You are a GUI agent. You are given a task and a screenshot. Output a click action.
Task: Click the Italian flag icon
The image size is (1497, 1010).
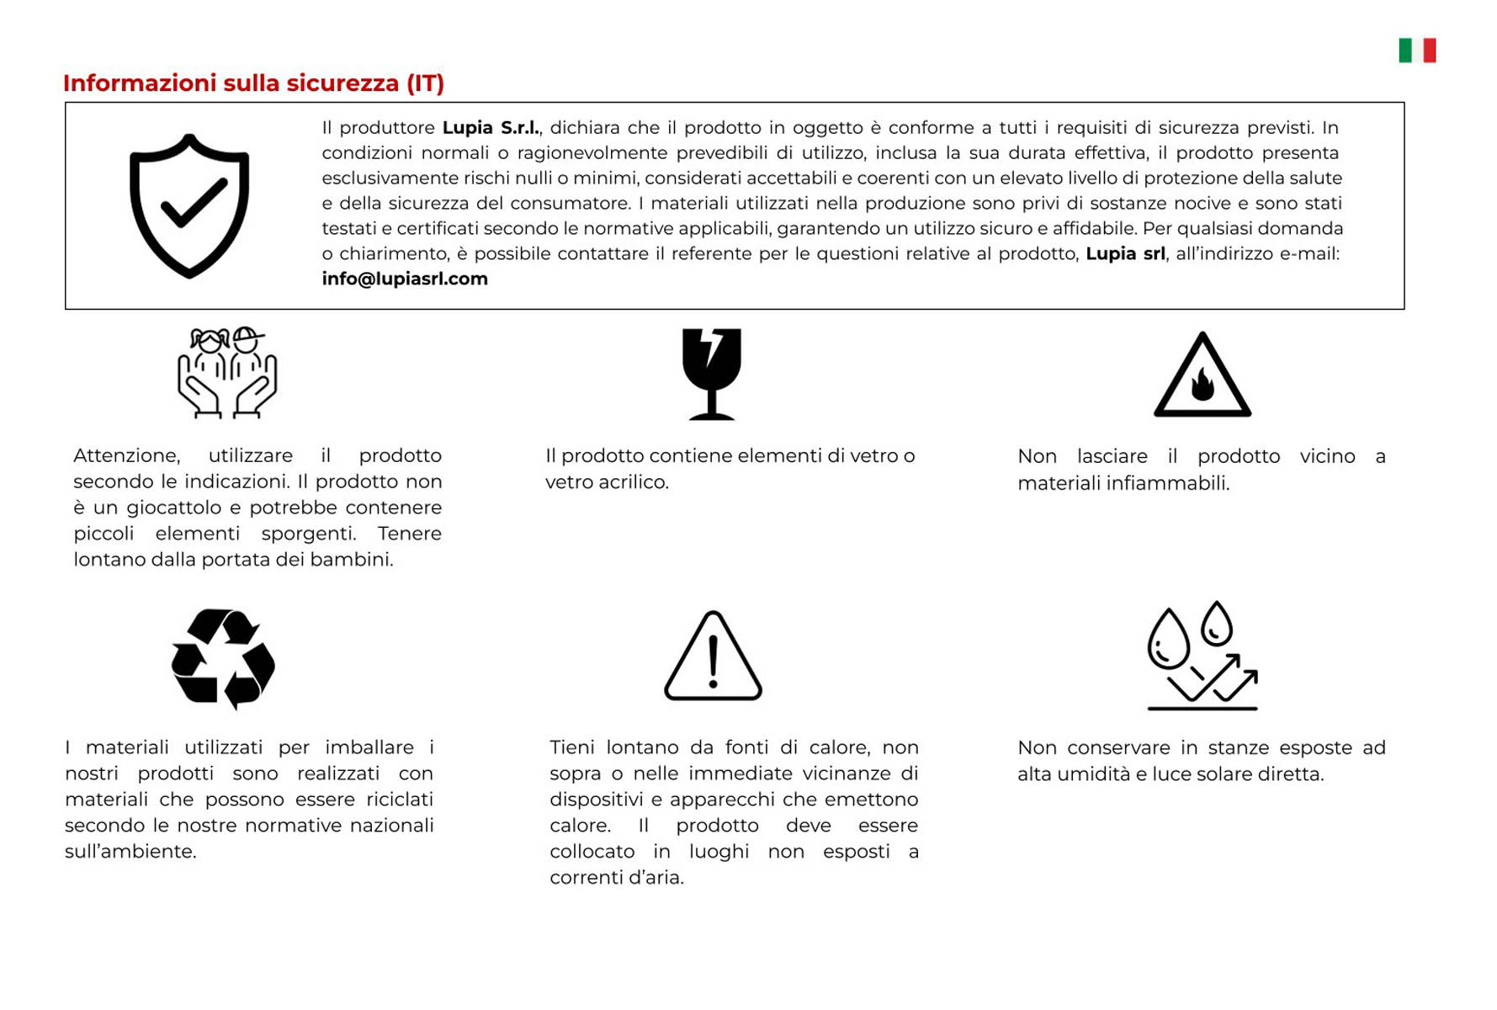[x=1417, y=50]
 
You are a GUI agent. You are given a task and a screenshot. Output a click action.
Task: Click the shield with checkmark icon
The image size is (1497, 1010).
[x=189, y=205]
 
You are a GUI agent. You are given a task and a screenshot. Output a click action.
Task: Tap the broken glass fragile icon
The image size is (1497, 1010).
[x=711, y=374]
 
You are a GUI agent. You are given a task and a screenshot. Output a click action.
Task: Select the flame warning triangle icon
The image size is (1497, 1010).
[x=1202, y=376]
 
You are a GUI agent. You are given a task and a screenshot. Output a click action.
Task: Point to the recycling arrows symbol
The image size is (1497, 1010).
[x=223, y=658]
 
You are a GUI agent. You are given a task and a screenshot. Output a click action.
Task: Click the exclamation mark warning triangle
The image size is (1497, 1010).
[x=713, y=656]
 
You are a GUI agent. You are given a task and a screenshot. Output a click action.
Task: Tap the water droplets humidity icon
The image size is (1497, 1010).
[x=1202, y=656]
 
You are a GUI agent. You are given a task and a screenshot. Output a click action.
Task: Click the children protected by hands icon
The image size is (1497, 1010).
[x=227, y=373]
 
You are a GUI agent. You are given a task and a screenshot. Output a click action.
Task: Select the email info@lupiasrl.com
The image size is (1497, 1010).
[x=405, y=279]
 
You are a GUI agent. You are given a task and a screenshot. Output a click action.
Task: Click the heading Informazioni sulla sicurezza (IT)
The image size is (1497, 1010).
[x=253, y=83]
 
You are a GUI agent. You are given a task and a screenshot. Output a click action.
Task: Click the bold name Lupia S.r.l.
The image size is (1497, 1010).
[x=491, y=128]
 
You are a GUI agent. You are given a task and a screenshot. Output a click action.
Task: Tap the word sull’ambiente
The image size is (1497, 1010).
[x=130, y=852]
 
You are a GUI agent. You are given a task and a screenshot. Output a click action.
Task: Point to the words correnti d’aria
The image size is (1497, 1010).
[x=616, y=878]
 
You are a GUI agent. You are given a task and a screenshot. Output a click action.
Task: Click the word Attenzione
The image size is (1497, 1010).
[x=126, y=456]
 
